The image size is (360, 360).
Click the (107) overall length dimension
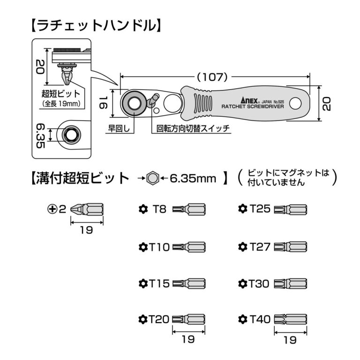212,77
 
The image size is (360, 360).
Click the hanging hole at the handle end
295,104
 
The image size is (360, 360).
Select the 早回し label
119,128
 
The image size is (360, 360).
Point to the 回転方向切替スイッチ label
193,128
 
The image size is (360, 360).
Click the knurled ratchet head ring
134,103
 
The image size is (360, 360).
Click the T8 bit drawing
189,209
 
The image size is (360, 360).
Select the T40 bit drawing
291,319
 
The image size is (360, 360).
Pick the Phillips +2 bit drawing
87,209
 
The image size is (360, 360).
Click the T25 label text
260,209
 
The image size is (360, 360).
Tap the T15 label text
159,283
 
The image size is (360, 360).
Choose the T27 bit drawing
291,247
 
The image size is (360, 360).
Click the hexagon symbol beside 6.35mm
152,178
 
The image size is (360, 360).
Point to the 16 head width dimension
104,103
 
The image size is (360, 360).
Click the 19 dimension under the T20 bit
188,339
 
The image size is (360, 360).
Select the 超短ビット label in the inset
60,94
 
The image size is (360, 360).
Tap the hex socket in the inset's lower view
71,135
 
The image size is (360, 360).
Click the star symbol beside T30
243,284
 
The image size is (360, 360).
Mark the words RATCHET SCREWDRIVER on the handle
253,106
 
